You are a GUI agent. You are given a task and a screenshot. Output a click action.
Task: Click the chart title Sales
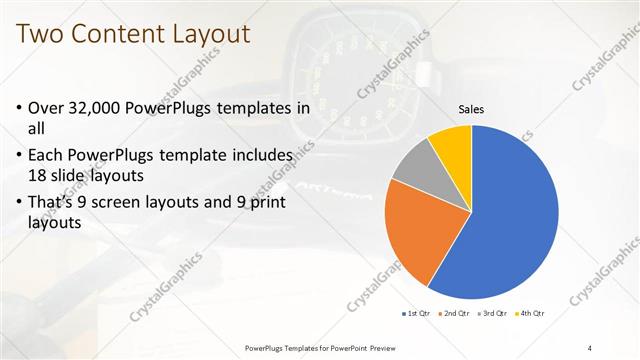coord(472,109)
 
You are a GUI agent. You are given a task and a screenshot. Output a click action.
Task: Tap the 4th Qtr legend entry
coord(531,314)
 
